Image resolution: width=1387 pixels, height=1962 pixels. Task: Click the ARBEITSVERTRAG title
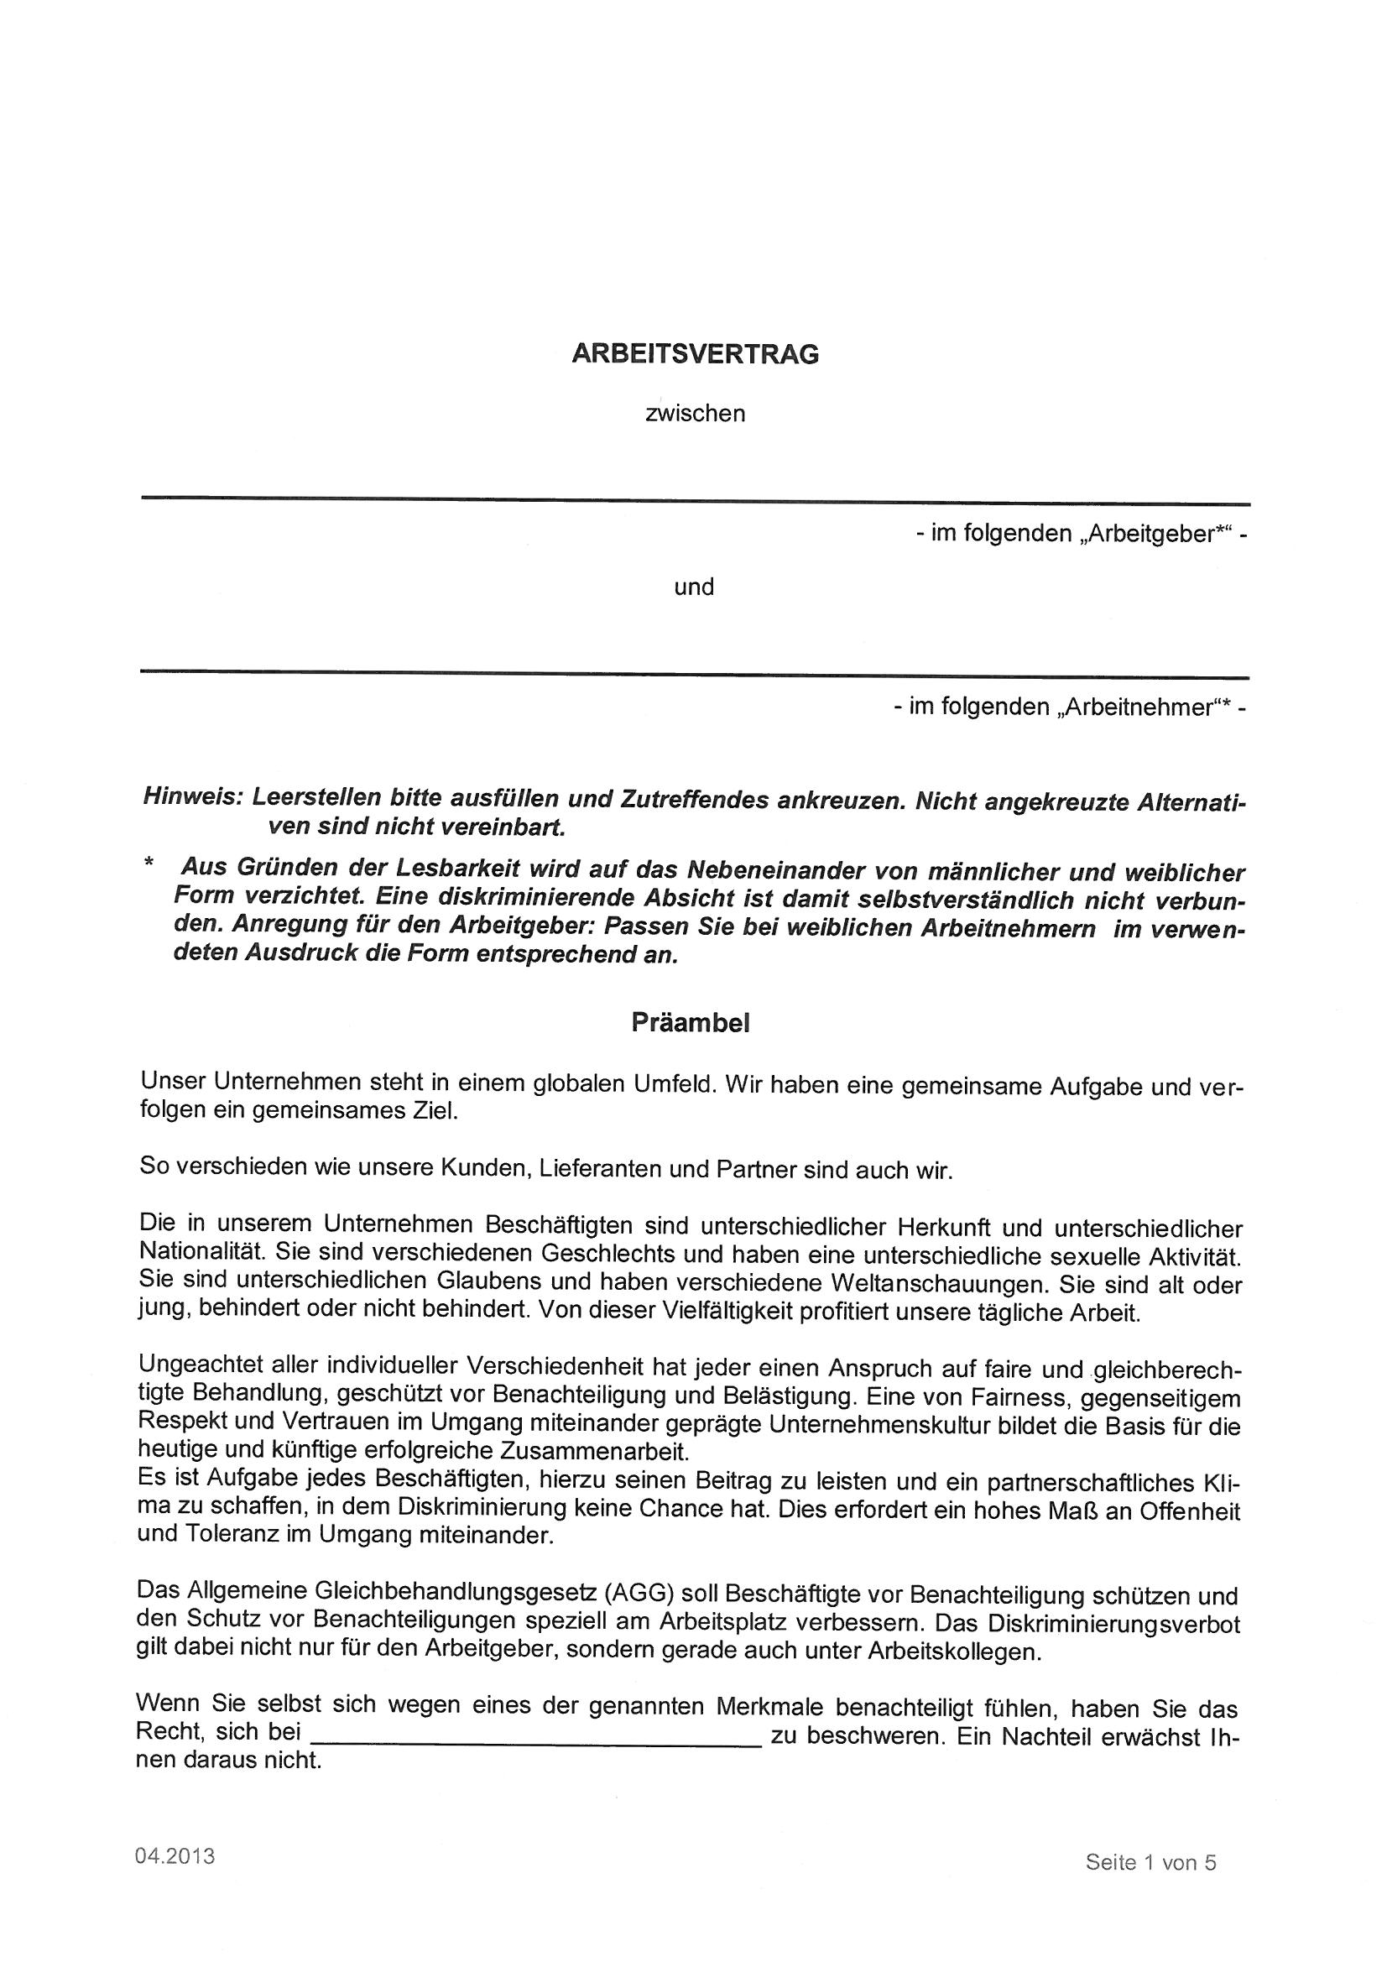(x=695, y=355)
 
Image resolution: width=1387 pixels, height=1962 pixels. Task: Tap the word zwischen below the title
(x=696, y=415)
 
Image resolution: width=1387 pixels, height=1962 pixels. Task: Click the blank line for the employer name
(x=695, y=501)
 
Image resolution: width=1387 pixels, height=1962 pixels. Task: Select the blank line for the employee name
(x=695, y=675)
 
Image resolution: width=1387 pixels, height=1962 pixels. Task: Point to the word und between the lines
(x=694, y=588)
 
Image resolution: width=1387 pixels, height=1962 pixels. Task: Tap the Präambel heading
(x=691, y=1024)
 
